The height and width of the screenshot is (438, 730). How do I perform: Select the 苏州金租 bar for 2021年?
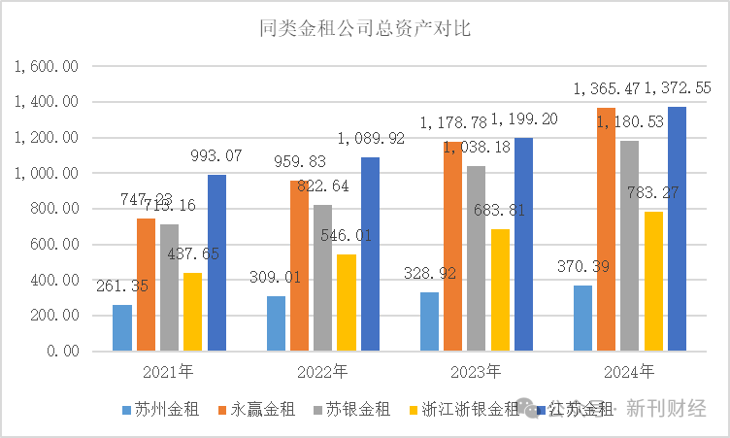[122, 328]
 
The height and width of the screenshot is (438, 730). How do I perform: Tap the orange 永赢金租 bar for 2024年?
[607, 229]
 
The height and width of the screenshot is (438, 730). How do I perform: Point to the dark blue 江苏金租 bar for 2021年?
[216, 262]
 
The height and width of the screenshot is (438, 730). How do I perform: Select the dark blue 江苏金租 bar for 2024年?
[677, 228]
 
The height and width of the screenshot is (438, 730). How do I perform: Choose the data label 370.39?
[582, 265]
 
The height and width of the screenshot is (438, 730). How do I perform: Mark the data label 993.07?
[216, 155]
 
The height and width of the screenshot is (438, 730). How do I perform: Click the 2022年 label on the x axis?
[322, 371]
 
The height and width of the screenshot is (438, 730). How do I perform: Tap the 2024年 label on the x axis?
[629, 371]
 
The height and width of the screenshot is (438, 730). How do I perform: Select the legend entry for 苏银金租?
[355, 409]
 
